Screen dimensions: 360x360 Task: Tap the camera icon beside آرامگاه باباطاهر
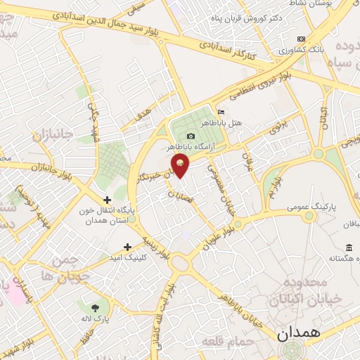[191, 136]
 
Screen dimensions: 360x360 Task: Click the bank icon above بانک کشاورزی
[302, 39]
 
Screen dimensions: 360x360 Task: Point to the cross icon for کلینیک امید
[127, 247]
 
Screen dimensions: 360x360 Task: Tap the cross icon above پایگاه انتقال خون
[107, 199]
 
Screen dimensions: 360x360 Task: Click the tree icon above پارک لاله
[96, 308]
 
